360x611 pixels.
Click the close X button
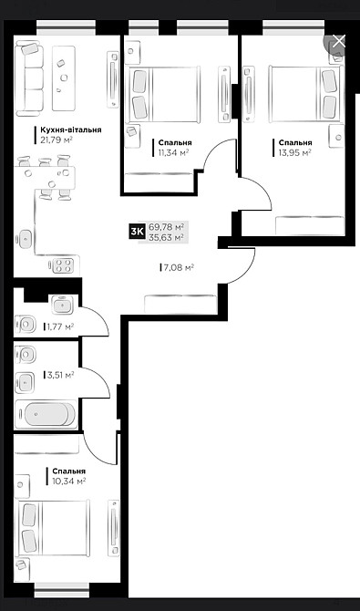pyautogui.click(x=338, y=41)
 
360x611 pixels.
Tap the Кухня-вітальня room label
pyautogui.click(x=71, y=130)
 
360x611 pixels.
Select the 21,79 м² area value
pyautogui.click(x=57, y=140)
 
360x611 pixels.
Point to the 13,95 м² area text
pyautogui.click(x=294, y=152)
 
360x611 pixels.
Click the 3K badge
pyautogui.click(x=137, y=233)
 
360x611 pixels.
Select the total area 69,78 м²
pyautogui.click(x=166, y=227)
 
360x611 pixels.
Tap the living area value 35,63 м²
pyautogui.click(x=166, y=237)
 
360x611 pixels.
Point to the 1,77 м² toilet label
pyautogui.click(x=60, y=326)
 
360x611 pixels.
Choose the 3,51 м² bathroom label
pyautogui.click(x=60, y=375)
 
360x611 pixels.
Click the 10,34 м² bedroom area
pyautogui.click(x=68, y=482)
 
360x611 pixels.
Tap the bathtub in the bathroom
pyautogui.click(x=46, y=414)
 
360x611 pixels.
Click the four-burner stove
pyautogui.click(x=63, y=265)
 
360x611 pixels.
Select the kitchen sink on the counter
pyautogui.click(x=25, y=237)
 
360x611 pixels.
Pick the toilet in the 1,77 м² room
pyautogui.click(x=25, y=324)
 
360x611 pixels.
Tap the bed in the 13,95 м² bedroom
pyautogui.click(x=306, y=94)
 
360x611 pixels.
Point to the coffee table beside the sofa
pyautogui.click(x=64, y=78)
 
